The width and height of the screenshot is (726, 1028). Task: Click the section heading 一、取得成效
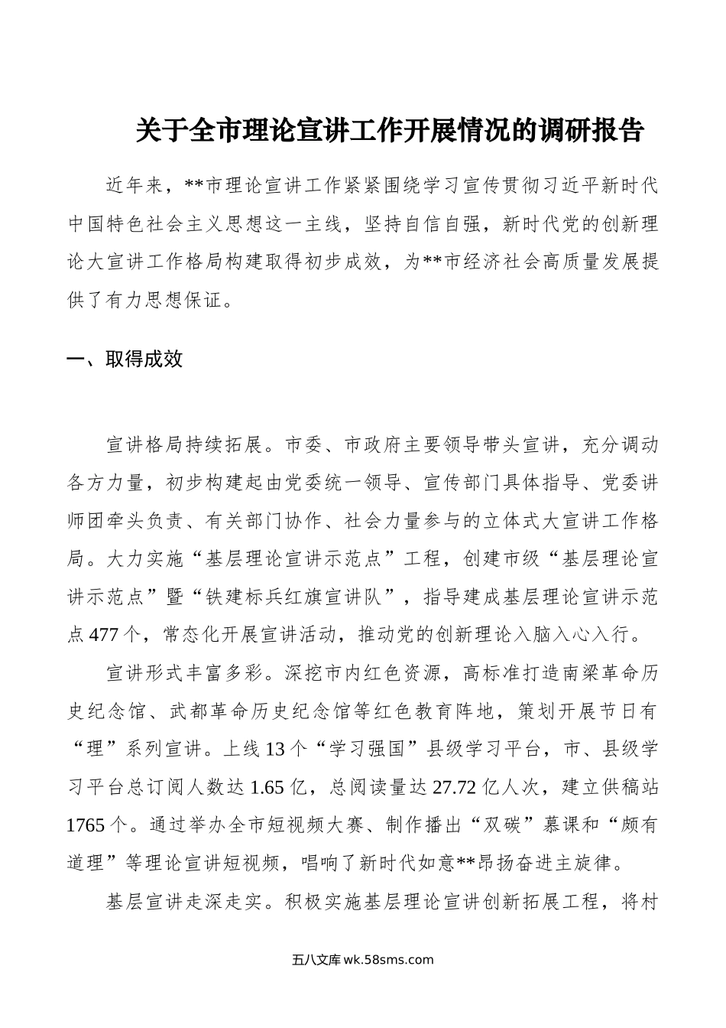click(x=125, y=359)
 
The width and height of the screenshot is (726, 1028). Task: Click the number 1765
click(x=86, y=825)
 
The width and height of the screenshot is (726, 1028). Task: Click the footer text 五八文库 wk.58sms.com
click(x=362, y=961)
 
